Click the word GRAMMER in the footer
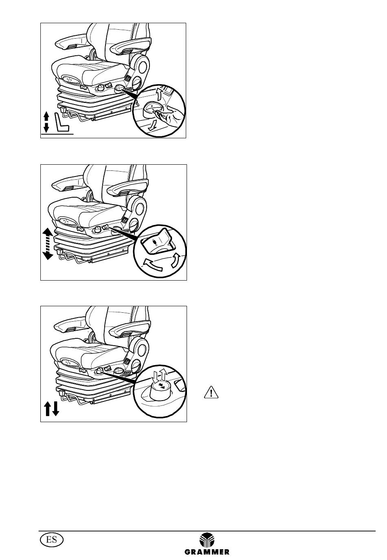207,551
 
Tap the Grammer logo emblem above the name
207,540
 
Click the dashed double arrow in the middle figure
48,244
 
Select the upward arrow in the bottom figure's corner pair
47,408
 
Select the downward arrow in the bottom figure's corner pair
55,408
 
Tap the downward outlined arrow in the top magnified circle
152,125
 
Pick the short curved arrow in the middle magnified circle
175,260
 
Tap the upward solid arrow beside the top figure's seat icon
46,116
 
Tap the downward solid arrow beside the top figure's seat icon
46,128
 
